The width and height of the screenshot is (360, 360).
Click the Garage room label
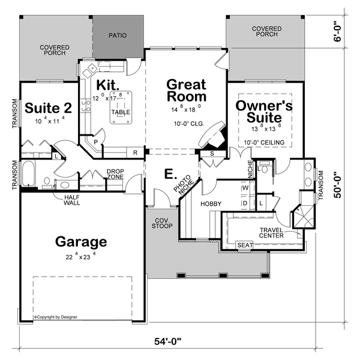pos(81,242)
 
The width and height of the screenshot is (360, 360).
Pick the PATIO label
pos(118,35)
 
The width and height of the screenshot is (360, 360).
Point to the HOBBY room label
pos(211,204)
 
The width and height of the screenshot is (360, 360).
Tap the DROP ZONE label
pos(115,175)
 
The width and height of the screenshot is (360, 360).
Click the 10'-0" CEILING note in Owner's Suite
pos(263,142)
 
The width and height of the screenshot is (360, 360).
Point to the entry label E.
pos(170,175)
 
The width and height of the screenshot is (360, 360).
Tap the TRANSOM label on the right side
pos(321,184)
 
